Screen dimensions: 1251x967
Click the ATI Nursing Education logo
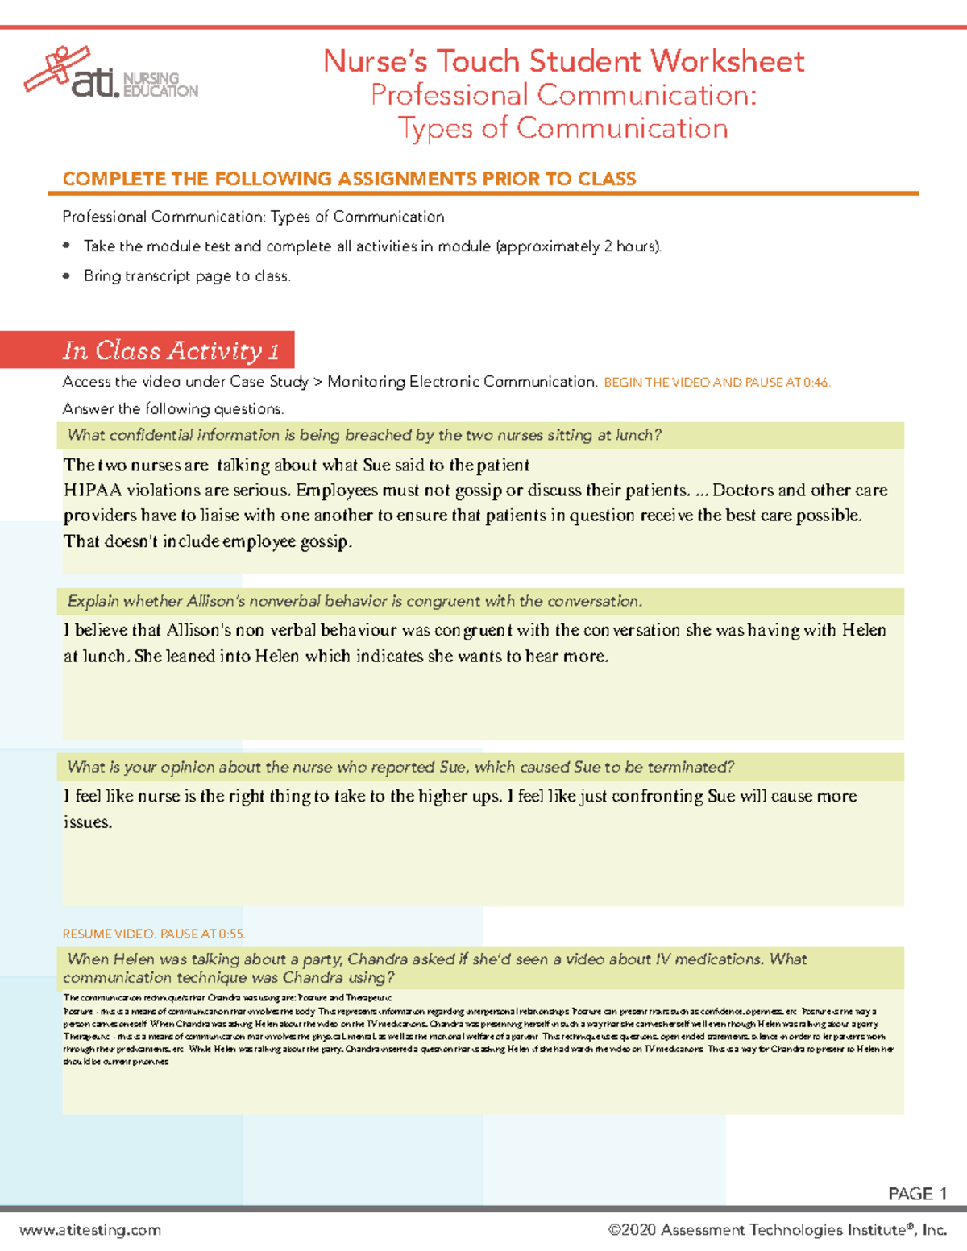(x=110, y=74)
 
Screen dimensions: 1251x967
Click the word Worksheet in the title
(x=727, y=62)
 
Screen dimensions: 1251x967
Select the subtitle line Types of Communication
(x=562, y=128)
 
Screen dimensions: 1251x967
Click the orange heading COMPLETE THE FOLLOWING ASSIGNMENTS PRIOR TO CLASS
(x=349, y=179)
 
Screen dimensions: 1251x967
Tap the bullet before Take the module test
(x=67, y=246)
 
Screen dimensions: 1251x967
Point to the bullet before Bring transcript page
(x=67, y=276)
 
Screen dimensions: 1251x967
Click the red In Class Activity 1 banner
(x=171, y=350)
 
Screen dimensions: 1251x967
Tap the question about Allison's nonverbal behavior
(x=355, y=601)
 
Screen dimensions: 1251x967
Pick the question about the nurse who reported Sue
(x=400, y=767)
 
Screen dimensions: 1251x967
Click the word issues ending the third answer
(x=87, y=822)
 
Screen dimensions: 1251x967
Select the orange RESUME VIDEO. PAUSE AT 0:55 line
(x=153, y=934)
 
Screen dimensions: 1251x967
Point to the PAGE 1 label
(x=917, y=1194)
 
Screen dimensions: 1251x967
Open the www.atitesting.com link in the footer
(x=90, y=1230)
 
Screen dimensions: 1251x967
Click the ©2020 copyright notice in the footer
(x=777, y=1230)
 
